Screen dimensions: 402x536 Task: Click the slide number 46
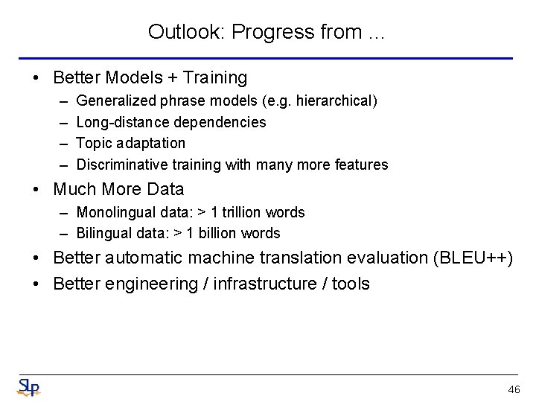coord(513,390)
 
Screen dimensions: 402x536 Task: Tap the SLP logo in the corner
coord(28,387)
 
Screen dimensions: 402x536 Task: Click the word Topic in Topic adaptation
coord(93,143)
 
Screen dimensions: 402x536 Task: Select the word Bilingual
coord(104,233)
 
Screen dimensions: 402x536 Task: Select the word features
coord(362,165)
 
